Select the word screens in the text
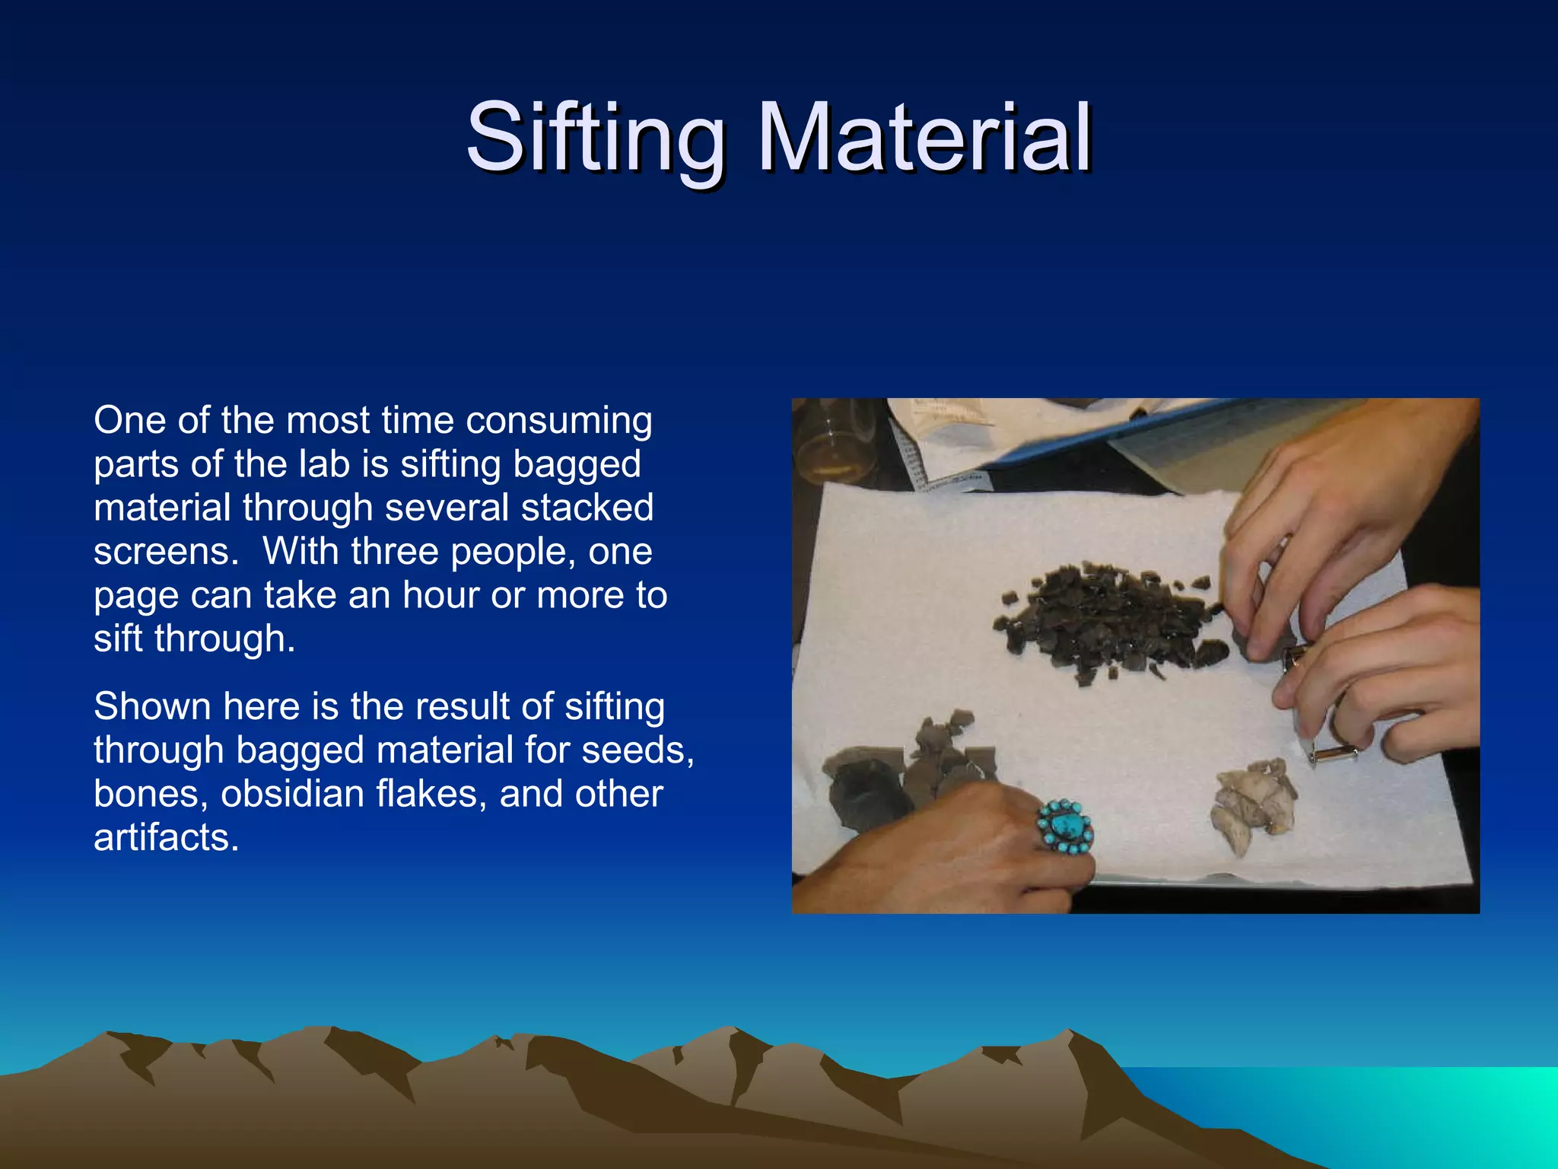pos(161,552)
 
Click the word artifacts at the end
pos(166,837)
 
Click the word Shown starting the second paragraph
pos(151,706)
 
